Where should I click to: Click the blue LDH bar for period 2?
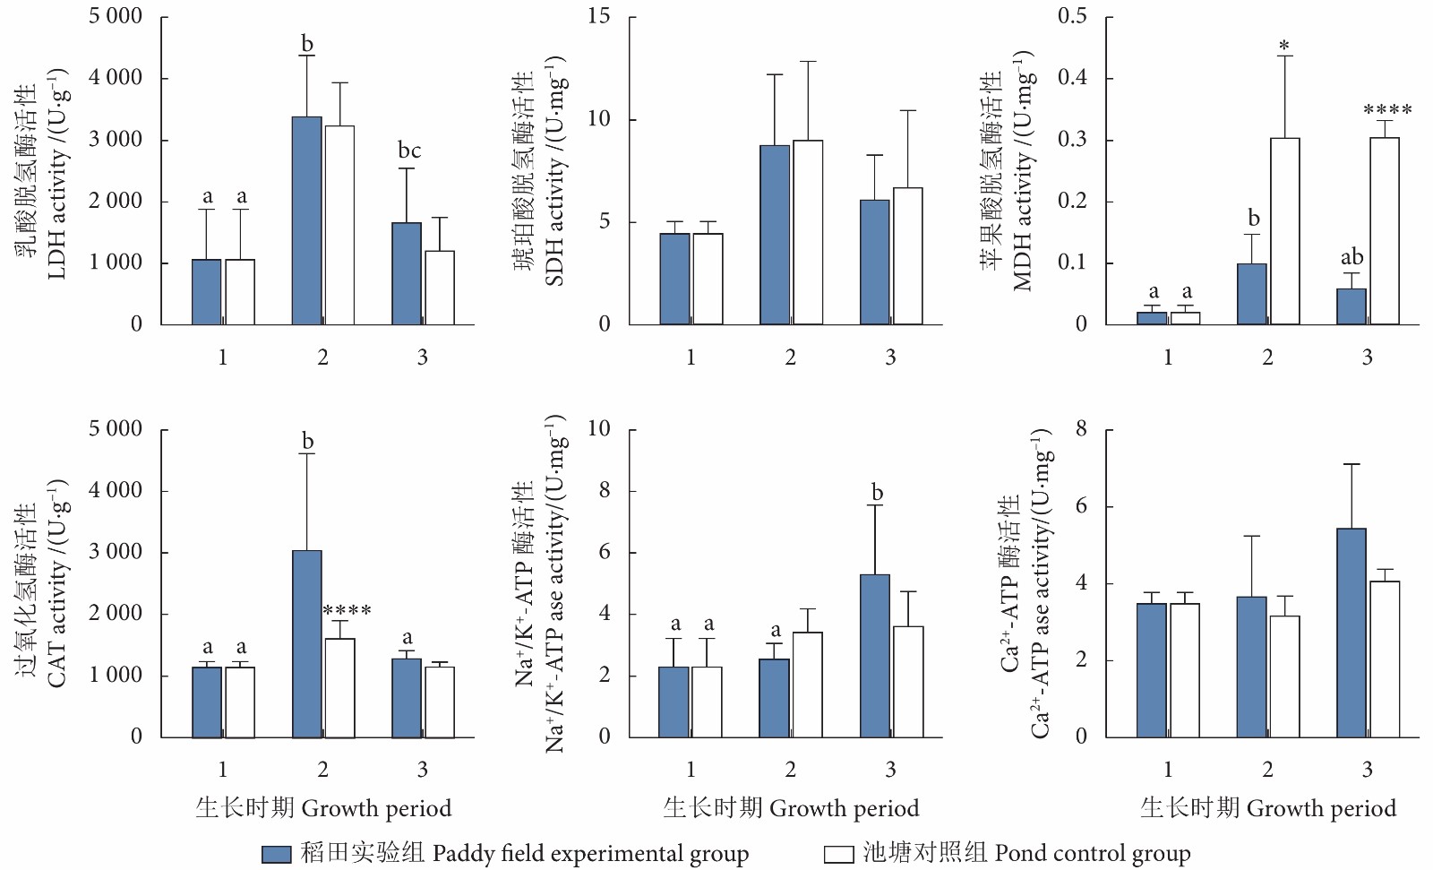[306, 220]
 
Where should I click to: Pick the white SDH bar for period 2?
[808, 232]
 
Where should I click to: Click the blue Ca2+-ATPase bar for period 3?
[1351, 633]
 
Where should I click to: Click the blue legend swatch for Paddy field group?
[277, 854]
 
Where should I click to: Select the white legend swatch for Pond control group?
[838, 854]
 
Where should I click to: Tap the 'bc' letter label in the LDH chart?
[409, 151]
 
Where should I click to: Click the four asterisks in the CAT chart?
[347, 611]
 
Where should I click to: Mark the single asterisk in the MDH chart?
[1284, 45]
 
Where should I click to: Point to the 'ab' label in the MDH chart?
[1351, 257]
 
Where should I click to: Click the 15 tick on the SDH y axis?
[599, 16]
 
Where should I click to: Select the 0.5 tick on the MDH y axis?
[1072, 16]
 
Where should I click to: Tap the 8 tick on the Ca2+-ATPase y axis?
[1081, 429]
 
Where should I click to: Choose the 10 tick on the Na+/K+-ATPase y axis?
[599, 429]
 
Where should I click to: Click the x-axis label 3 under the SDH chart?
[890, 357]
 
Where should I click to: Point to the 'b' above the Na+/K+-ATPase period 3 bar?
[877, 492]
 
